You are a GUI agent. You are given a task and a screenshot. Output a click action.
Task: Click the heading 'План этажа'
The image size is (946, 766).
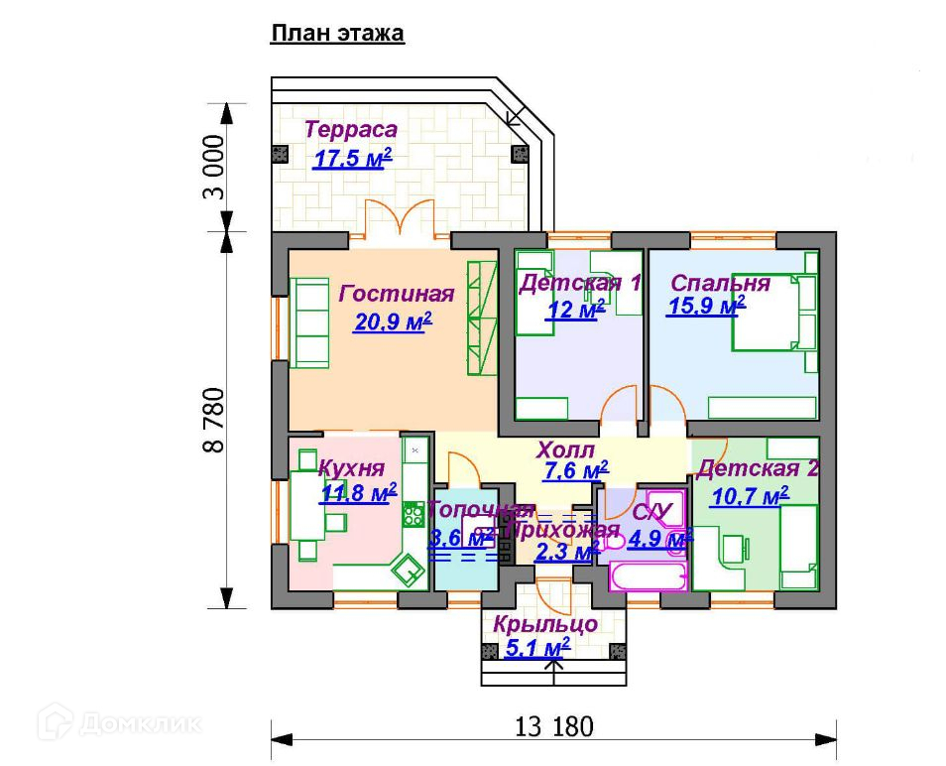tap(337, 34)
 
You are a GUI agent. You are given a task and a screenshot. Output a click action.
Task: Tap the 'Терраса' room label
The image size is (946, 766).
tap(351, 130)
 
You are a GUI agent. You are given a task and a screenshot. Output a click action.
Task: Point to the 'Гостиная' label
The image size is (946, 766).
tap(397, 294)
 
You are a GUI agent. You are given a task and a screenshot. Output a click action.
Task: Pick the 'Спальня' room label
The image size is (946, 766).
tap(720, 283)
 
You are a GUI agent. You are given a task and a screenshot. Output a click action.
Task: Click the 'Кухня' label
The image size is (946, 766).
tap(352, 467)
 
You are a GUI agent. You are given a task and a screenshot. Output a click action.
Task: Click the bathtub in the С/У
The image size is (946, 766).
tap(646, 577)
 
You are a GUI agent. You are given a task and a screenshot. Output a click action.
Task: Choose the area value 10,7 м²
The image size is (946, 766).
tap(749, 495)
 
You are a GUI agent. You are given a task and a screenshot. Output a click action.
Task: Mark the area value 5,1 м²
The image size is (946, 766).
tap(537, 649)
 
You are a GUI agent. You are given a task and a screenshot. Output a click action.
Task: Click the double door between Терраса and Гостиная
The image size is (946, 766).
tap(400, 221)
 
